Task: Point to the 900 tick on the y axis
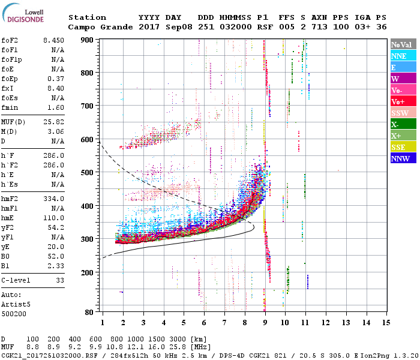89,40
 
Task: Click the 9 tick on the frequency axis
265,323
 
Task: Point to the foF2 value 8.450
53,40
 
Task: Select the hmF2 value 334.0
53,199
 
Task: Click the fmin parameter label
10,107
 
